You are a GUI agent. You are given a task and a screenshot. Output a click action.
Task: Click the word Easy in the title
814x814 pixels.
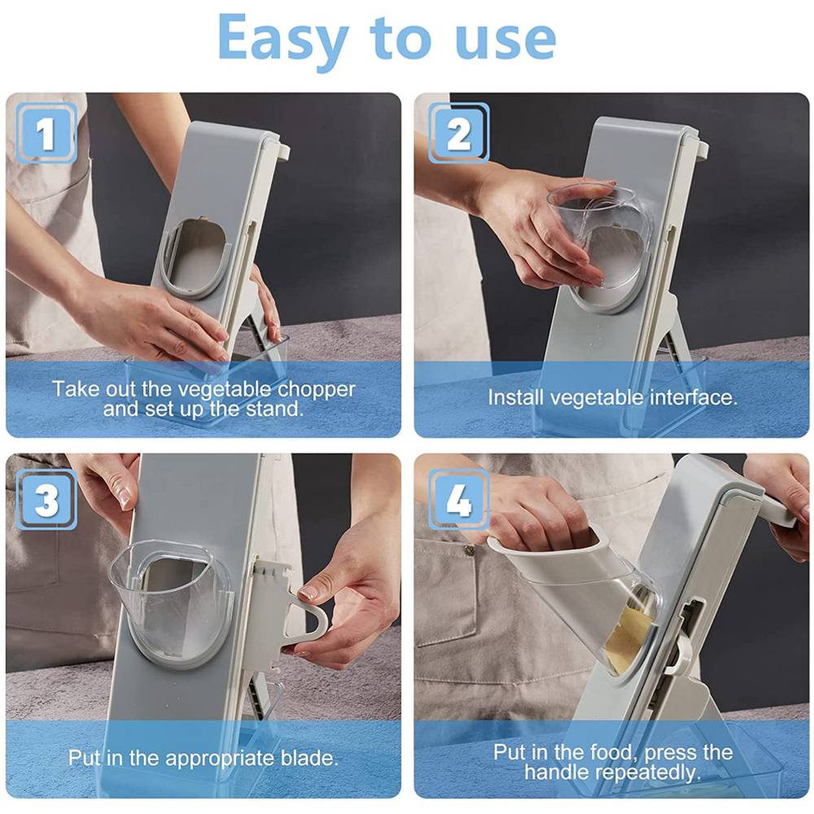click(282, 38)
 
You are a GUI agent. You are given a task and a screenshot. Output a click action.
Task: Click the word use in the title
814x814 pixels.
click(504, 38)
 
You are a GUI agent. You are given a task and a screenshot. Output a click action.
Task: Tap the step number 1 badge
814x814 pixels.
click(46, 133)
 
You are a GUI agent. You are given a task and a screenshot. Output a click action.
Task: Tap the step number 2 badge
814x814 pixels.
click(459, 133)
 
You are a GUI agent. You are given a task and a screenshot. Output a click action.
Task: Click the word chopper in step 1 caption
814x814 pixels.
click(316, 389)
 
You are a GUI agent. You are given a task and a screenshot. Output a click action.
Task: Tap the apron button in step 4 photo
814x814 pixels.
click(469, 551)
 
